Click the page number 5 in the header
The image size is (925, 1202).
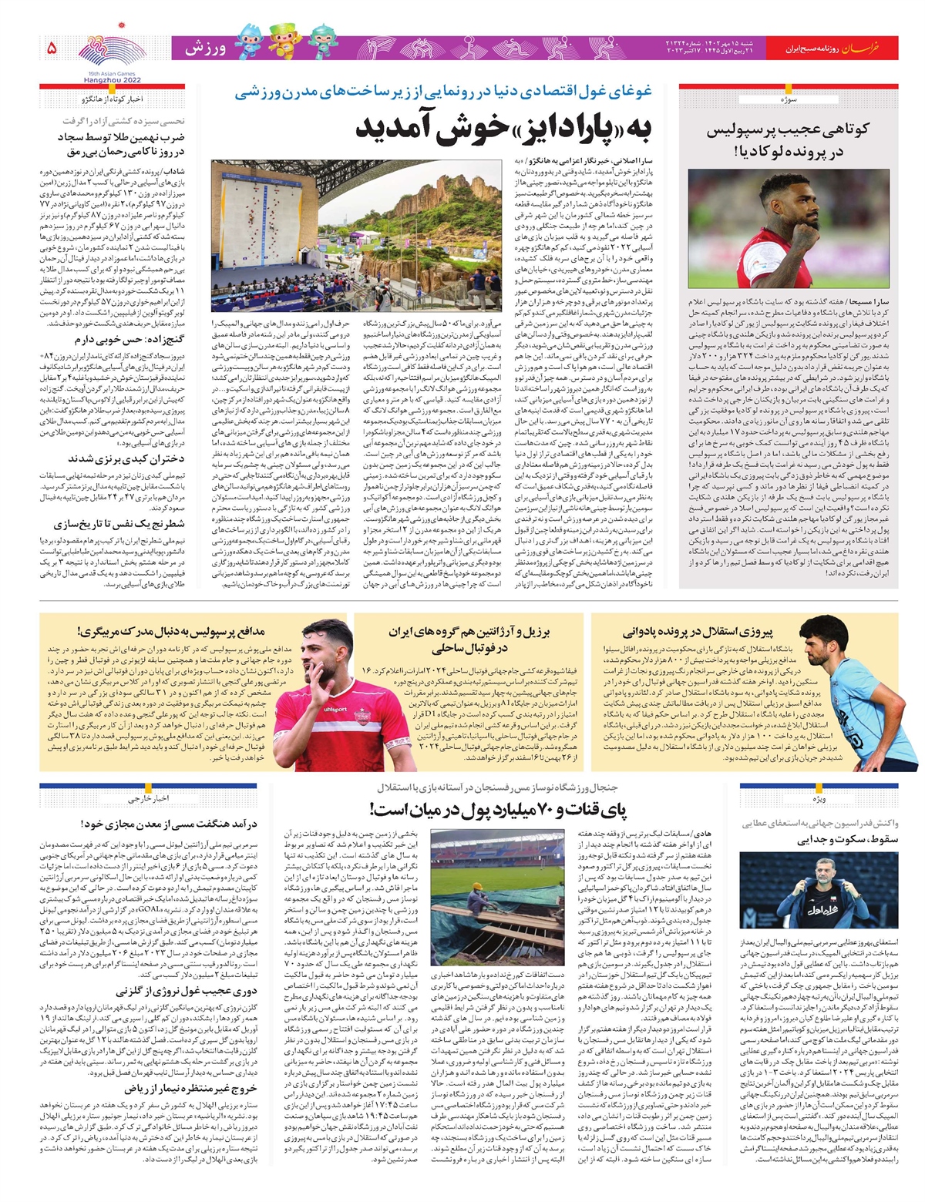coord(52,48)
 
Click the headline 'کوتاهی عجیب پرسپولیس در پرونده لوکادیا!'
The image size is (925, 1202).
coord(787,140)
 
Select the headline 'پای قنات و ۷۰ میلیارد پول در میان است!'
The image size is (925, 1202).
coord(498,809)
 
